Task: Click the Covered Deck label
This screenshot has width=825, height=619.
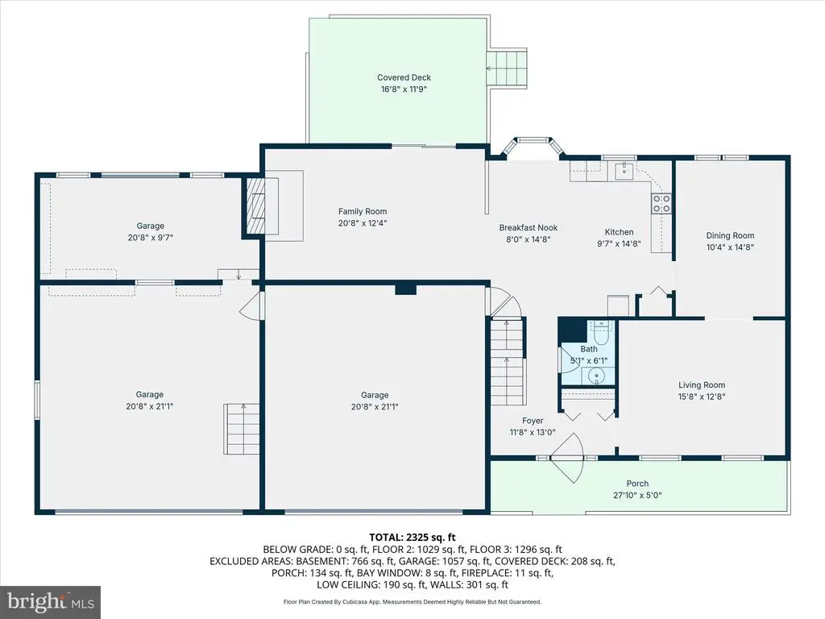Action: pyautogui.click(x=404, y=77)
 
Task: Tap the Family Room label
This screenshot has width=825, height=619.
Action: pyautogui.click(x=363, y=211)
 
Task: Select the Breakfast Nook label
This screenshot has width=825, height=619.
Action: pyautogui.click(x=529, y=227)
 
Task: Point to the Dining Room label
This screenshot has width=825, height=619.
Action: pyautogui.click(x=730, y=235)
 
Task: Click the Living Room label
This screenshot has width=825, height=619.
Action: pyautogui.click(x=702, y=384)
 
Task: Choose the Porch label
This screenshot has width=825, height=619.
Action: pyautogui.click(x=637, y=484)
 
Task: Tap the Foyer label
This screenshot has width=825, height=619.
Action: pyautogui.click(x=533, y=421)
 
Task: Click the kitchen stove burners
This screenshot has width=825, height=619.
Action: pyautogui.click(x=661, y=203)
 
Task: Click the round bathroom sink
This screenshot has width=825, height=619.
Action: pyautogui.click(x=596, y=376)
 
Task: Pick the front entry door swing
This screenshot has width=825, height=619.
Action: pyautogui.click(x=567, y=458)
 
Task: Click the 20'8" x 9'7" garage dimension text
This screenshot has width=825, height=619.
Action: pyautogui.click(x=150, y=238)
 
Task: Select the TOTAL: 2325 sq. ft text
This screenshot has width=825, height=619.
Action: pyautogui.click(x=412, y=538)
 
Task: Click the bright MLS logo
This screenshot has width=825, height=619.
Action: pyautogui.click(x=51, y=602)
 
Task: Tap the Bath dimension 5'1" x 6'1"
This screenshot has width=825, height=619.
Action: pyautogui.click(x=589, y=360)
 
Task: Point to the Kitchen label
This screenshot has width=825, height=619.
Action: pyautogui.click(x=619, y=231)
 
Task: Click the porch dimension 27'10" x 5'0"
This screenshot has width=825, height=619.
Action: pyautogui.click(x=637, y=495)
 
